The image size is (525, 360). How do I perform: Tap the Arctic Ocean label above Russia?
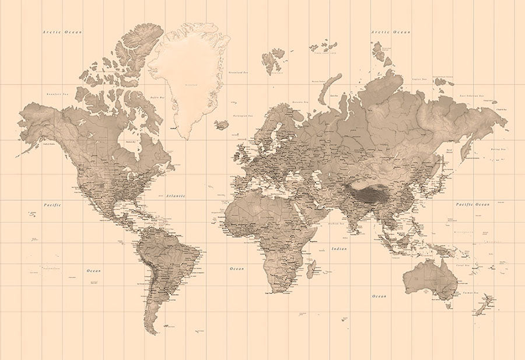click(391, 32)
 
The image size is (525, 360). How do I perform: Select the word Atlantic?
click(175, 197)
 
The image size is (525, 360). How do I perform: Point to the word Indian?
click(339, 249)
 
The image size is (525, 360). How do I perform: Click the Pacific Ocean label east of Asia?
click(473, 204)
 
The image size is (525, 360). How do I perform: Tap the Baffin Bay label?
click(156, 97)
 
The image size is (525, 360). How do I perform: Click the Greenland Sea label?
click(237, 73)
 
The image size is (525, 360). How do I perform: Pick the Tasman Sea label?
click(471, 292)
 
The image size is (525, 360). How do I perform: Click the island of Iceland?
click(221, 125)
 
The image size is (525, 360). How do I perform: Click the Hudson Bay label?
click(131, 141)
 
